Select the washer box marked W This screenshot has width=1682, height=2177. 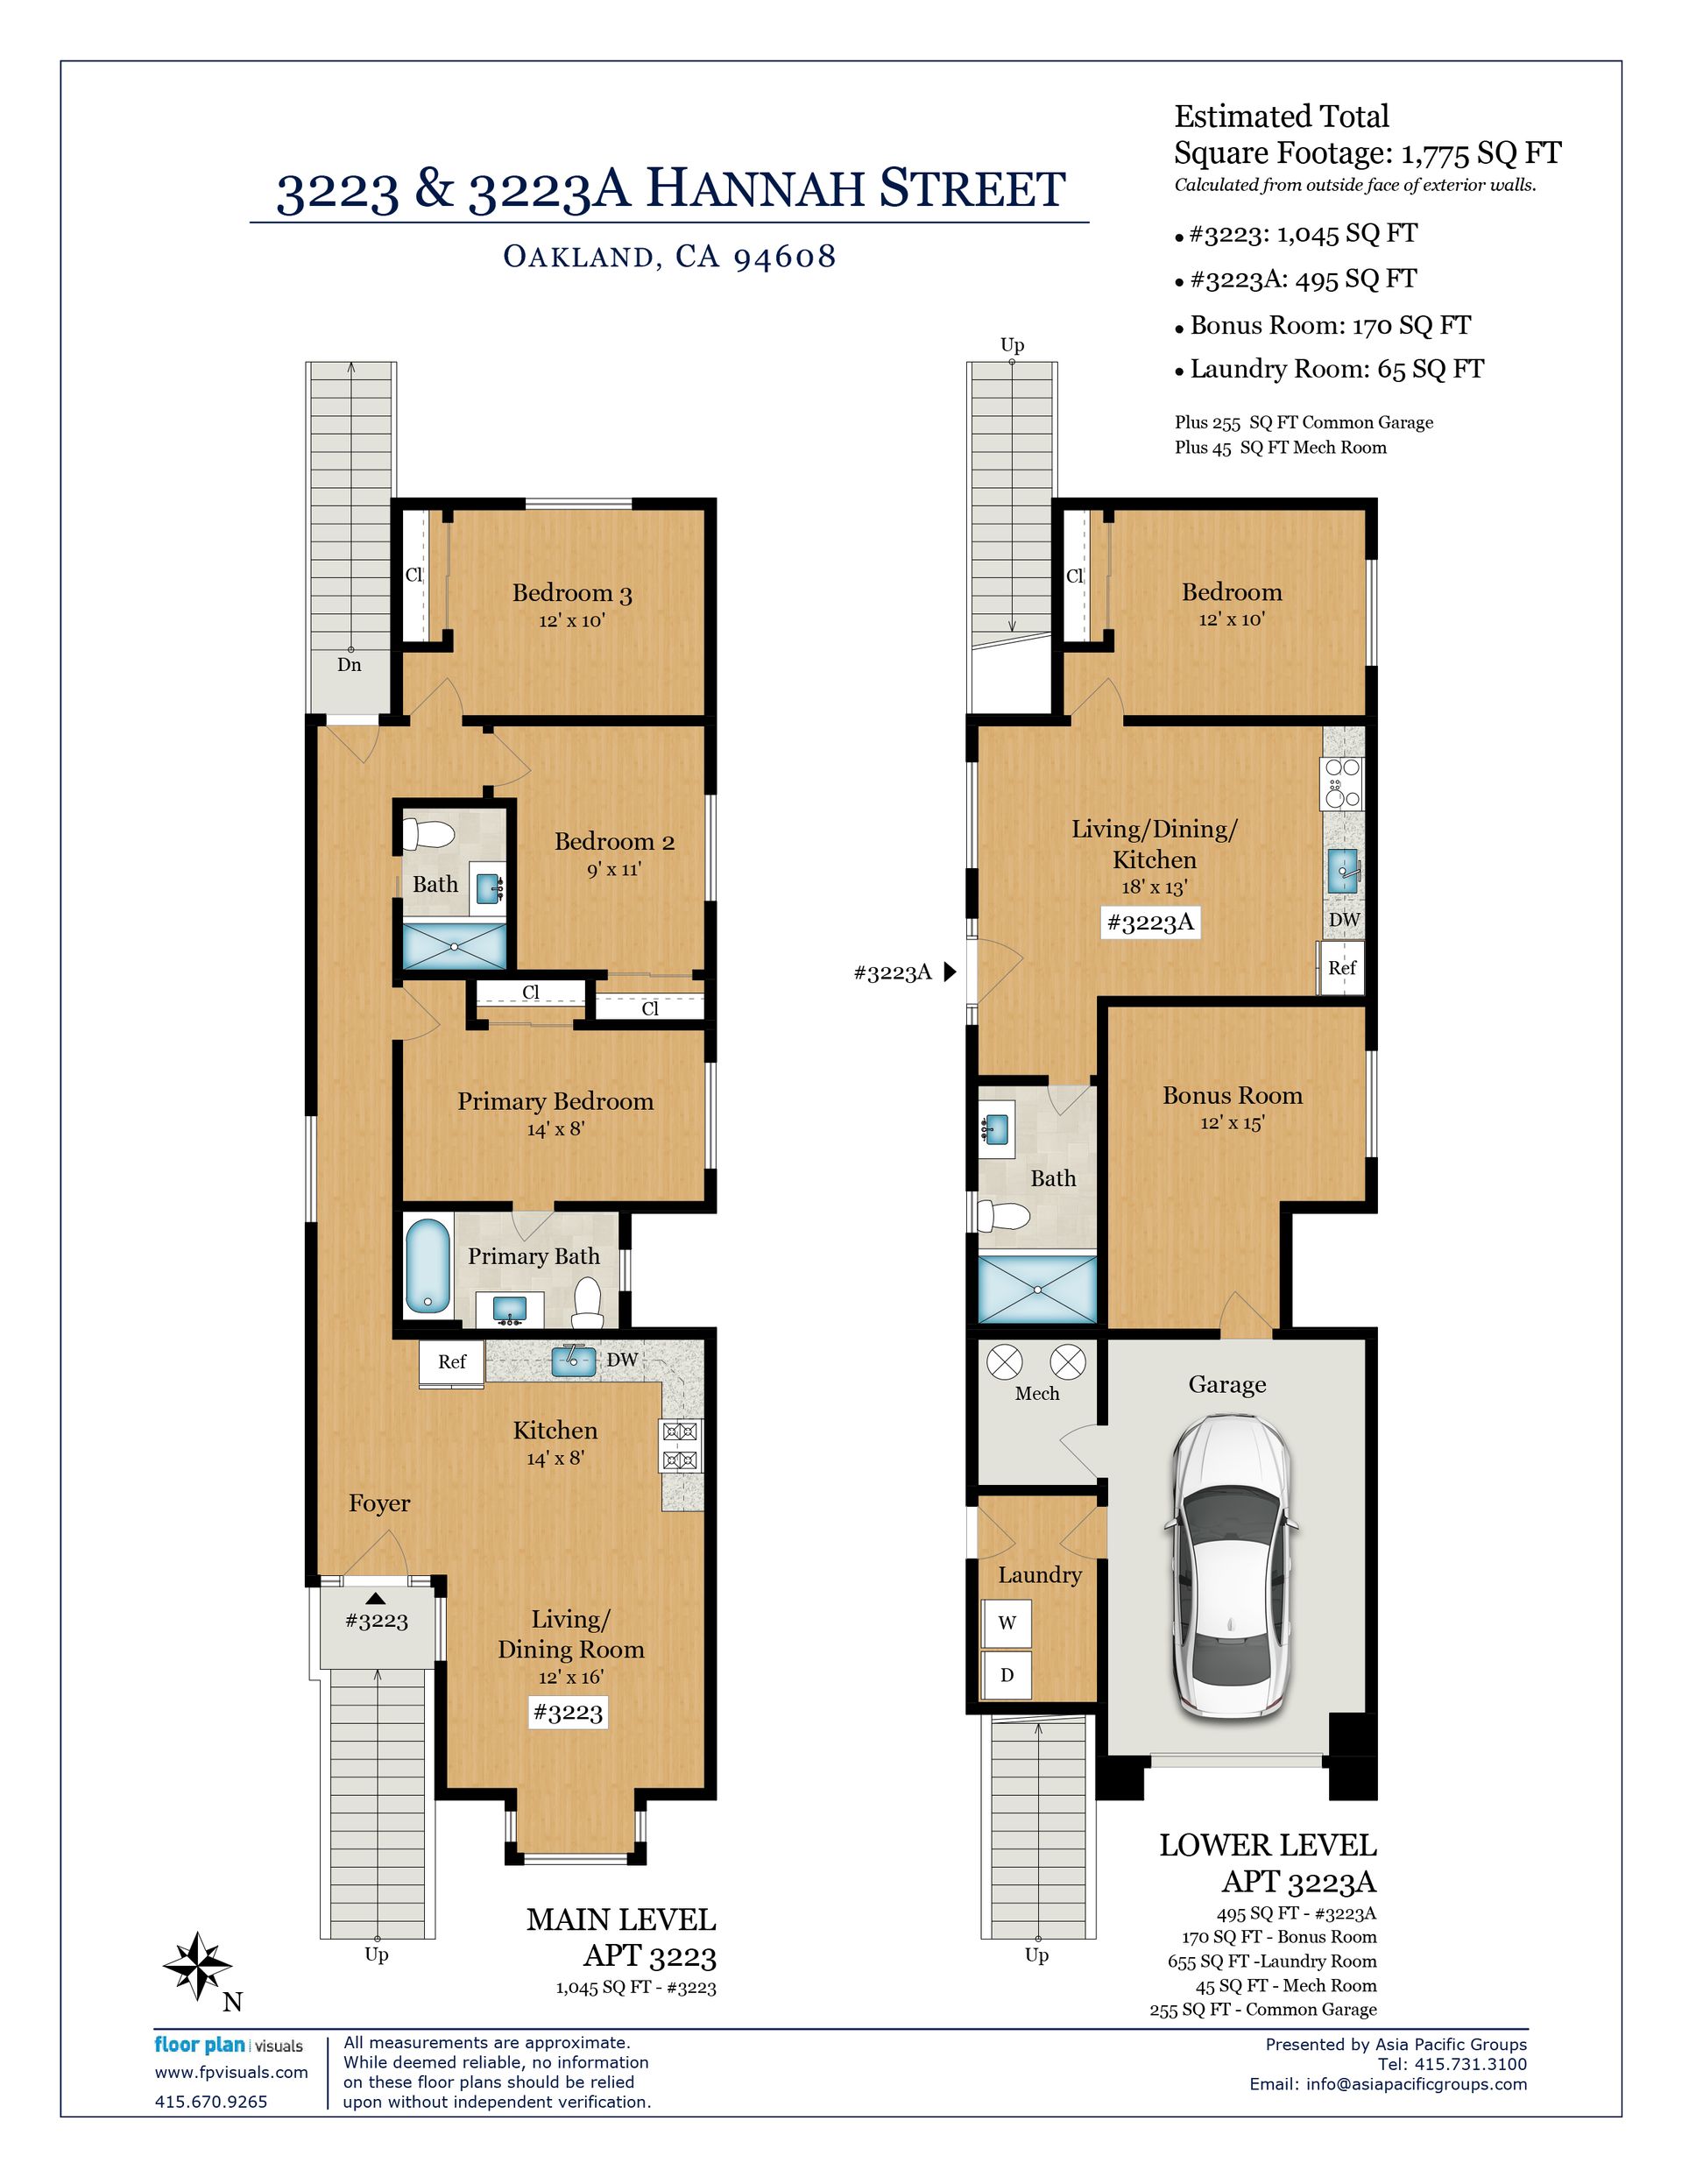tap(1006, 1622)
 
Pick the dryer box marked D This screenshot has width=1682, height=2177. tap(1006, 1675)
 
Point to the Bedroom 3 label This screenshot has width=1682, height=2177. tap(572, 593)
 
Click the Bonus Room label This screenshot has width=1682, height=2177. tap(1233, 1095)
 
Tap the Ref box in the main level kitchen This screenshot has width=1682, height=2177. tap(452, 1361)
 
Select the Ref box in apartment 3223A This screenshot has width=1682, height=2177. tap(1342, 968)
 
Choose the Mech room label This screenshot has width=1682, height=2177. tap(1037, 1394)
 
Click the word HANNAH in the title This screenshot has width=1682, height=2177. tap(752, 188)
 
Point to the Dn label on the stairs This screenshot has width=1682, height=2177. tap(349, 665)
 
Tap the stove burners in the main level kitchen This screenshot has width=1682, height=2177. tap(680, 1446)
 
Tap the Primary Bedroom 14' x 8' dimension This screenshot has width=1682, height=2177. tap(555, 1129)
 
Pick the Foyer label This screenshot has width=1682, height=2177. tap(378, 1503)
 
